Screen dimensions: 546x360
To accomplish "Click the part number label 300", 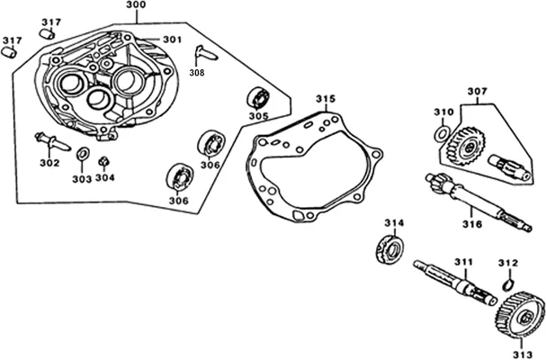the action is [x=136, y=4].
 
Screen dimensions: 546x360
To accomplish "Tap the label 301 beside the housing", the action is [x=173, y=40].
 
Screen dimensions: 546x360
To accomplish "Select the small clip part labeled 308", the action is [x=206, y=53].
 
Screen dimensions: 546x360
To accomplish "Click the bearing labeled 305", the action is [x=259, y=98].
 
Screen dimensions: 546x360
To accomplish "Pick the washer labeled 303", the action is [x=83, y=154].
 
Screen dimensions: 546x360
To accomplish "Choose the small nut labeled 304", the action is [x=103, y=162].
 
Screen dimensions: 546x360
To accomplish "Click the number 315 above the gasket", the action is [x=326, y=99].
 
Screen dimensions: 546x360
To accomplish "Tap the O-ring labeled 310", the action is [x=443, y=134].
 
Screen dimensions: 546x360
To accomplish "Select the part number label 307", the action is [x=477, y=91].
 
